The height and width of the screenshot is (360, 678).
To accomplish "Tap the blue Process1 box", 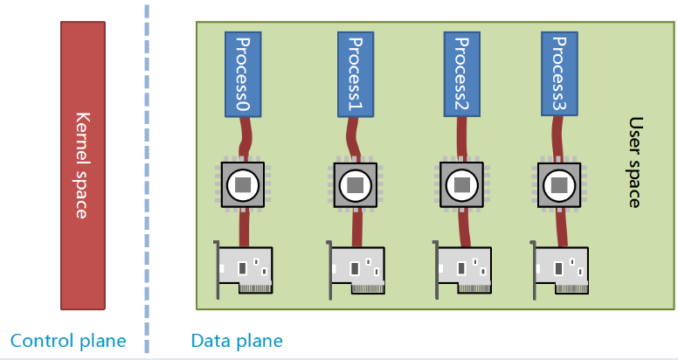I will pos(355,74).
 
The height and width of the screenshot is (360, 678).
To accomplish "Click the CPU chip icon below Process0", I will pos(244,184).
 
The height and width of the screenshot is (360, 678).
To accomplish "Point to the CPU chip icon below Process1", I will pos(355,184).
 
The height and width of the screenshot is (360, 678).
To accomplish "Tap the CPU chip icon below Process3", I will pos(558,184).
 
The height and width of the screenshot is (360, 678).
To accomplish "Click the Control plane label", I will pos(68,340).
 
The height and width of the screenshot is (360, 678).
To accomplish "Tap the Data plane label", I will pos(237,340).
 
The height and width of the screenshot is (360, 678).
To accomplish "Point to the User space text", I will pos(635,163).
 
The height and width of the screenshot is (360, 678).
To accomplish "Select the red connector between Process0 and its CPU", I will pos(247,138).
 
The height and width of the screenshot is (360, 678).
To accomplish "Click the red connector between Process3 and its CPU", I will pos(560,138).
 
